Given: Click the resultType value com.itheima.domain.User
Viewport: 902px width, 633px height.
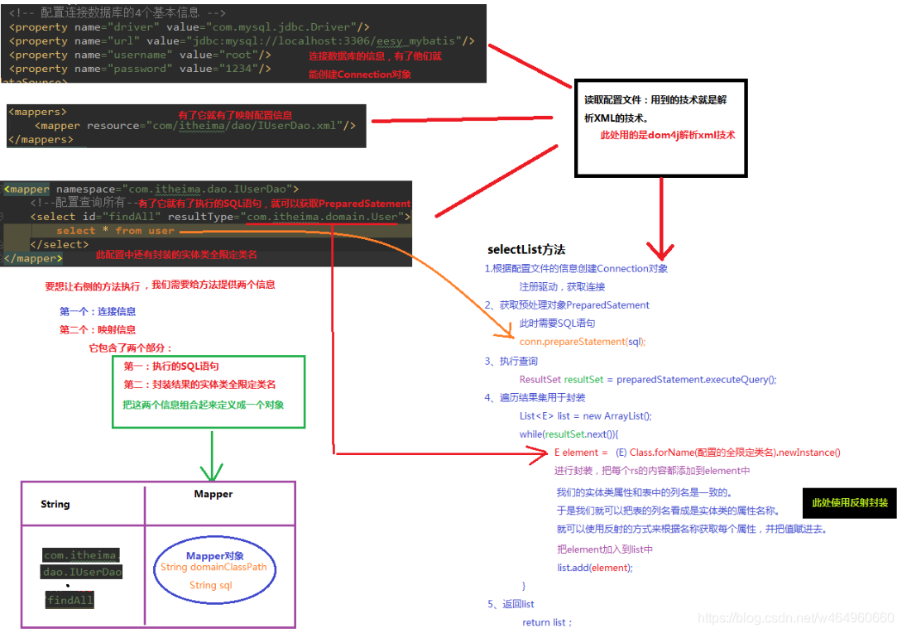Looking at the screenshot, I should [x=324, y=217].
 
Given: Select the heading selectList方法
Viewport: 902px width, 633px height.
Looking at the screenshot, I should [x=526, y=249].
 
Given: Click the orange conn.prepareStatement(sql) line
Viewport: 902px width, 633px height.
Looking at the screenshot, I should [x=583, y=342].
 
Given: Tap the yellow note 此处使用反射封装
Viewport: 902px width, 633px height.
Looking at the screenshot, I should [x=849, y=502].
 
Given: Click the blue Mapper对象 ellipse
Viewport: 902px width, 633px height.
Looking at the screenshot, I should [x=214, y=570].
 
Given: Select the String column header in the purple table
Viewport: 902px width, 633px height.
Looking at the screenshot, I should [x=55, y=504].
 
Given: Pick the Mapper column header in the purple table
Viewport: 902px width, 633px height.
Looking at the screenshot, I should [x=214, y=494].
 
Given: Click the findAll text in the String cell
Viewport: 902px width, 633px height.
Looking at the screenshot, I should [x=70, y=600].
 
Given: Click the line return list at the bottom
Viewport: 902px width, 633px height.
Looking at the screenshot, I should [x=547, y=622].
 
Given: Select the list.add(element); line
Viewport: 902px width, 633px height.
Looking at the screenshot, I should [x=594, y=568].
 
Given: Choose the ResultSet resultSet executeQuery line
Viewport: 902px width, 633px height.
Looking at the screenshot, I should [x=648, y=380].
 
